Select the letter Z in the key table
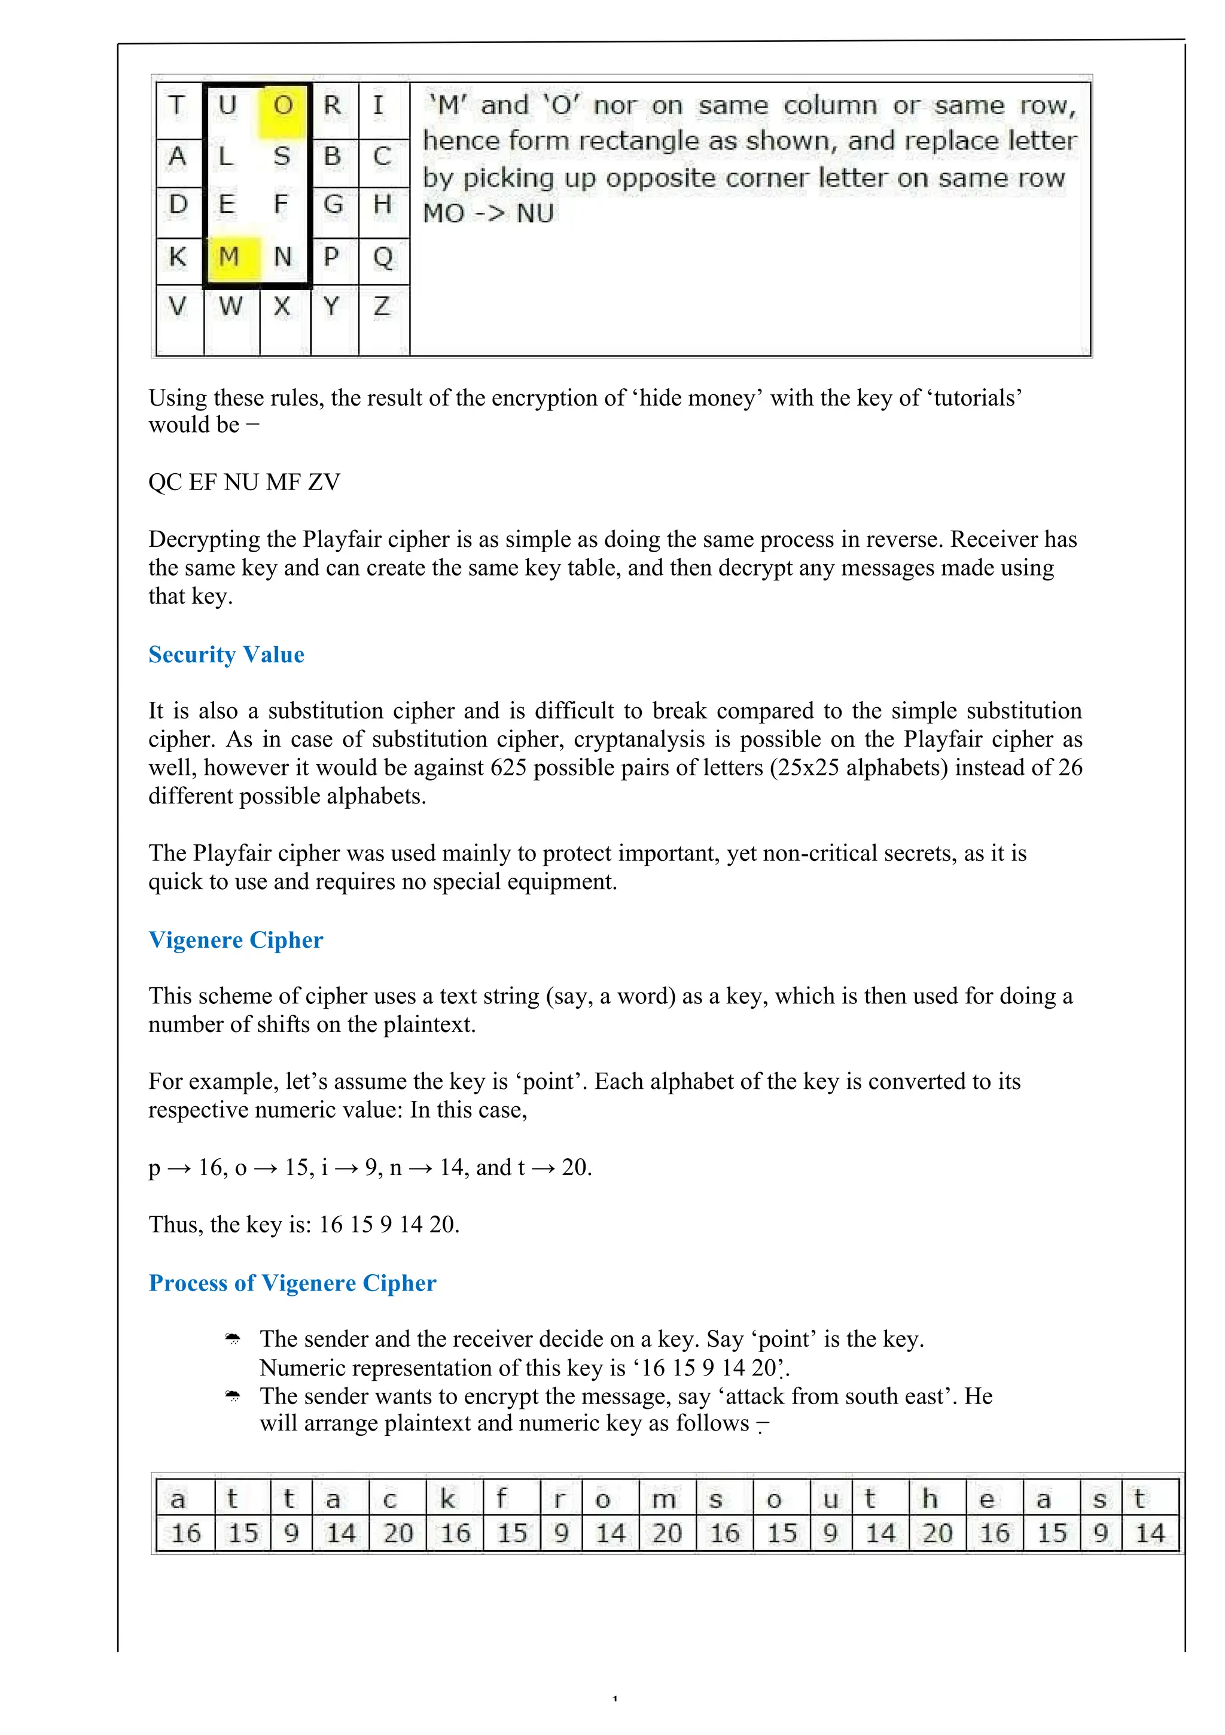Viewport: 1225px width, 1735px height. click(382, 307)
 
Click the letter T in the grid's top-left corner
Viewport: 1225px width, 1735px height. click(178, 106)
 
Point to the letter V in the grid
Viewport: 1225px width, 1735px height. click(178, 307)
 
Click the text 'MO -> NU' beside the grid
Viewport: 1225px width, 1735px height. click(488, 214)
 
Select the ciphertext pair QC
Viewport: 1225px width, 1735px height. click(164, 482)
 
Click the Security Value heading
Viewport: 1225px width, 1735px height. click(226, 655)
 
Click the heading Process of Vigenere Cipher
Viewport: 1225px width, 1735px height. click(292, 1283)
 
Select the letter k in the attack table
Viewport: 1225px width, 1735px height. click(448, 1499)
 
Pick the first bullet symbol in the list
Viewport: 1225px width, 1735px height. click(233, 1340)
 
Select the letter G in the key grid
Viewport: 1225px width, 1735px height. click(333, 205)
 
